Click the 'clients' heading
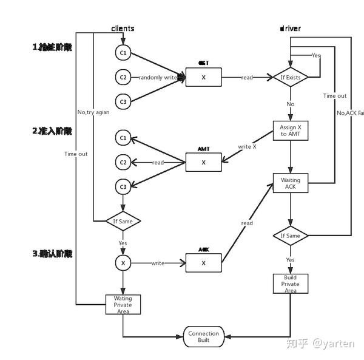[x=123, y=29]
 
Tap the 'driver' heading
[x=291, y=29]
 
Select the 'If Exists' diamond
[x=291, y=78]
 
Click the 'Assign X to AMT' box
[x=291, y=131]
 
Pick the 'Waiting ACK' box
[x=291, y=183]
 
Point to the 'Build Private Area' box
[x=291, y=284]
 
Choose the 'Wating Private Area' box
[x=123, y=304]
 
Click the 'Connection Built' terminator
[x=203, y=338]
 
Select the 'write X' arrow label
[x=247, y=147]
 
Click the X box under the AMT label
[x=203, y=162]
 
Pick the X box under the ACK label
[x=203, y=263]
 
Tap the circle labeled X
[x=123, y=263]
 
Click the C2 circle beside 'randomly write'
[x=123, y=78]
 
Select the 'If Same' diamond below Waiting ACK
[x=291, y=236]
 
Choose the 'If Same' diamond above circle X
[x=123, y=222]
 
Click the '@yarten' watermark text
[x=333, y=344]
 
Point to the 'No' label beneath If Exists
[x=290, y=104]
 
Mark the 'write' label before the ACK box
[x=158, y=263]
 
